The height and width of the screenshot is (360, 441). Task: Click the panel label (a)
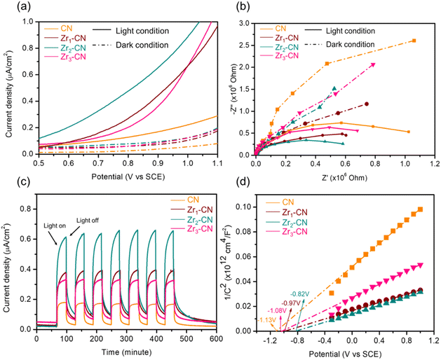pos(23,7)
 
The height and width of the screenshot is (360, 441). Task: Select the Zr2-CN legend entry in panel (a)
pos(65,48)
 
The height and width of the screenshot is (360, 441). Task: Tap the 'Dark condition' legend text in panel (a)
pos(142,45)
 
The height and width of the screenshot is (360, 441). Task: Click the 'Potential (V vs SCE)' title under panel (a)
pos(128,176)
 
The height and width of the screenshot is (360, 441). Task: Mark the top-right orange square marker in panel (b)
pos(414,41)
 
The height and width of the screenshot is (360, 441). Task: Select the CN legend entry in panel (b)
pos(273,29)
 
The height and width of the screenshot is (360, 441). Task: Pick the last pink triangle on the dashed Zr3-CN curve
pos(373,65)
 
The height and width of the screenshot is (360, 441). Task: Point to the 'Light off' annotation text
pos(88,221)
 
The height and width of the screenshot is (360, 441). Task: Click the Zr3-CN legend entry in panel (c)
pos(191,229)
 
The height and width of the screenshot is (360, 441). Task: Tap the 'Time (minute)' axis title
pos(126,352)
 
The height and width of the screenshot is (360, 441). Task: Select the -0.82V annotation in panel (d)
pos(300,294)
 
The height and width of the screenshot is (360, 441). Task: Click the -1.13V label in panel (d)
pos(266,319)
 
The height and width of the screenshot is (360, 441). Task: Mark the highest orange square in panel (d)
pos(420,209)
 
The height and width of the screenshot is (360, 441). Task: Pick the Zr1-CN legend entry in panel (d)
pos(286,212)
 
